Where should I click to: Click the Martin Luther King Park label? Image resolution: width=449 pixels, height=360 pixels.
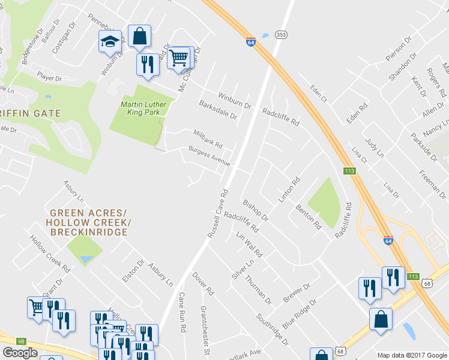[143, 108]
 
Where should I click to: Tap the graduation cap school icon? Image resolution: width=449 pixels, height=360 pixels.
[110, 41]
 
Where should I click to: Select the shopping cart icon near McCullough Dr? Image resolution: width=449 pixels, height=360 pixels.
[178, 58]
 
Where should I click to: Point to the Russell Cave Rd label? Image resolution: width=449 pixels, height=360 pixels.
[217, 214]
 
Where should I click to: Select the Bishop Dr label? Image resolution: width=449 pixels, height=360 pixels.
[255, 211]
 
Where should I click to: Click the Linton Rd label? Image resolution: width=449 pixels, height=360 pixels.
[288, 190]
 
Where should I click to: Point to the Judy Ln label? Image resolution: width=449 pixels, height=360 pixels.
[374, 146]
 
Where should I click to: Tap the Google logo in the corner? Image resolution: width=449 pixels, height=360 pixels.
[20, 353]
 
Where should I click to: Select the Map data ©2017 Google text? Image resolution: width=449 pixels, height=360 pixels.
[412, 355]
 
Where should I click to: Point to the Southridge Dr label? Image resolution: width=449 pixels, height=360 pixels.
[272, 329]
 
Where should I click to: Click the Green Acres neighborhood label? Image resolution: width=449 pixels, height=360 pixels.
[88, 213]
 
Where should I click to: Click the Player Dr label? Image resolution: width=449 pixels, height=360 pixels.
[49, 78]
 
